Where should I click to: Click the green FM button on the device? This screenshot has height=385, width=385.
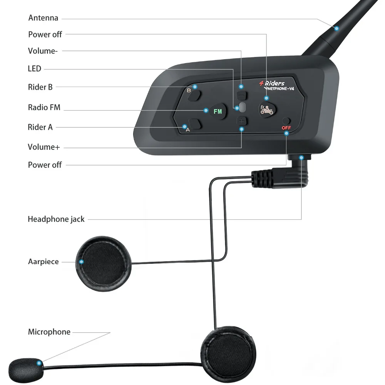point(218,112)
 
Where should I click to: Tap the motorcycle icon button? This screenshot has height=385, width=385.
point(267,110)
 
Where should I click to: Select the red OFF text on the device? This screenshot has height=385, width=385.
point(286,128)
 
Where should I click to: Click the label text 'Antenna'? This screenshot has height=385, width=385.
point(43,18)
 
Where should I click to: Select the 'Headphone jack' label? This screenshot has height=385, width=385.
point(56,219)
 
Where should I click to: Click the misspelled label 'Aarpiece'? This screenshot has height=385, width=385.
point(44,262)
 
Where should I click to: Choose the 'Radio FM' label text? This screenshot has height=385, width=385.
point(44,107)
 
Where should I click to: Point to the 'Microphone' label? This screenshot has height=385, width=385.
point(49,332)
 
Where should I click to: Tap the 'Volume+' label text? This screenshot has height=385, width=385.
point(44,147)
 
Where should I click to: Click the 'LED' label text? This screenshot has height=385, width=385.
point(35,69)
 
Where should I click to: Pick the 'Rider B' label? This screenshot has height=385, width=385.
point(40,87)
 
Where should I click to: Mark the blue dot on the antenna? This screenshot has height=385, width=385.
point(336,28)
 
